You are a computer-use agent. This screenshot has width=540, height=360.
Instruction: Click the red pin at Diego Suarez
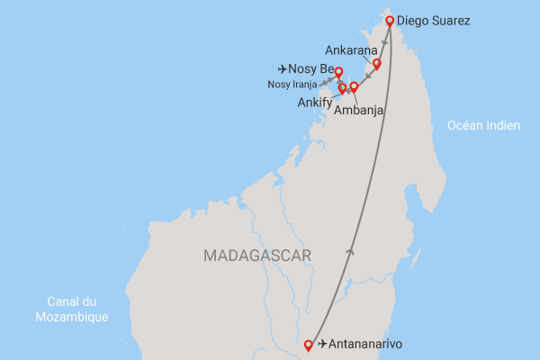(x=390, y=21)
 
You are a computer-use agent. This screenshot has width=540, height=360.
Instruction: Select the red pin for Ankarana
(x=377, y=64)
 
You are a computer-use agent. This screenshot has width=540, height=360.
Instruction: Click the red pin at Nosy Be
(x=339, y=72)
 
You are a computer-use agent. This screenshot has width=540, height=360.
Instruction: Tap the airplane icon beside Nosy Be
(x=284, y=68)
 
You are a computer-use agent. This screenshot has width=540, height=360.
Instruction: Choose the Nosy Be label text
(x=312, y=68)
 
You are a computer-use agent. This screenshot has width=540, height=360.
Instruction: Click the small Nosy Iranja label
(x=292, y=85)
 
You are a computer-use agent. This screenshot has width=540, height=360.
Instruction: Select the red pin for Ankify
(x=342, y=88)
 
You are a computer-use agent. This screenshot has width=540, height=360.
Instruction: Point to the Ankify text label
(x=314, y=103)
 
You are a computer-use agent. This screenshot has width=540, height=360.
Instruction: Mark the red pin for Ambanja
(x=354, y=87)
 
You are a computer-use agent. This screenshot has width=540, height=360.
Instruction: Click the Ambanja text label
(x=359, y=111)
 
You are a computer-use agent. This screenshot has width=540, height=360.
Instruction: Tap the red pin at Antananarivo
(x=310, y=344)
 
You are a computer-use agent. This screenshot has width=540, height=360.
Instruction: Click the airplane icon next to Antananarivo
(x=323, y=345)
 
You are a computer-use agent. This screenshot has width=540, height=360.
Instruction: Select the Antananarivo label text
(x=366, y=345)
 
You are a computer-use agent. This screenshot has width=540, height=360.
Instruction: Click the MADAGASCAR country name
(x=257, y=256)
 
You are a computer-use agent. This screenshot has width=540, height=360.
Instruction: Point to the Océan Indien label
(x=484, y=126)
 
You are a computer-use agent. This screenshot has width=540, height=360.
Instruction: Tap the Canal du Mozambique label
(x=72, y=309)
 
